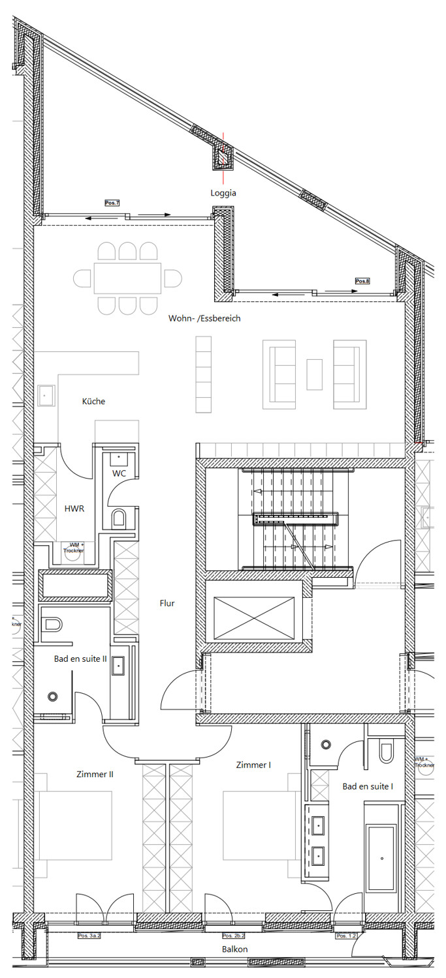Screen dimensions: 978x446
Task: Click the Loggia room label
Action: pos(223,193)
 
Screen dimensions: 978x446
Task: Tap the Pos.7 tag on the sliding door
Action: pos(112,203)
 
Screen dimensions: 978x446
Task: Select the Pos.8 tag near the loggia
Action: pos(362,281)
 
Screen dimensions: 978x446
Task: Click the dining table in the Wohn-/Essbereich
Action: pos(127,278)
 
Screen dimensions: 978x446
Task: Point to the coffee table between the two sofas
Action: pos(315,374)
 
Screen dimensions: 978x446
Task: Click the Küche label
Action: pos(93,402)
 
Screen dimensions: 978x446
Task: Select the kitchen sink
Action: pos(46,394)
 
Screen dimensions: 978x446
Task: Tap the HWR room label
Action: pos(72,508)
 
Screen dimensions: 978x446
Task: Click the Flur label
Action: pos(167,604)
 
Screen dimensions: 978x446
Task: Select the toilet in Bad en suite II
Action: pos(52,625)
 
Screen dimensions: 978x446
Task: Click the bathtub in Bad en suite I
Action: pos(381,858)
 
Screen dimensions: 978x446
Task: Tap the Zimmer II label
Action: pos(95,775)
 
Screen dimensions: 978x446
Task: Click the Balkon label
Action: pos(234,949)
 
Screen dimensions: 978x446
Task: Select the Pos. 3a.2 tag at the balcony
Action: pos(89,936)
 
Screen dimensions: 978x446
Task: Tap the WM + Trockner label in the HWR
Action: pos(74,548)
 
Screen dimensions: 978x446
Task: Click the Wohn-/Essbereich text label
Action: pos(204,319)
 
